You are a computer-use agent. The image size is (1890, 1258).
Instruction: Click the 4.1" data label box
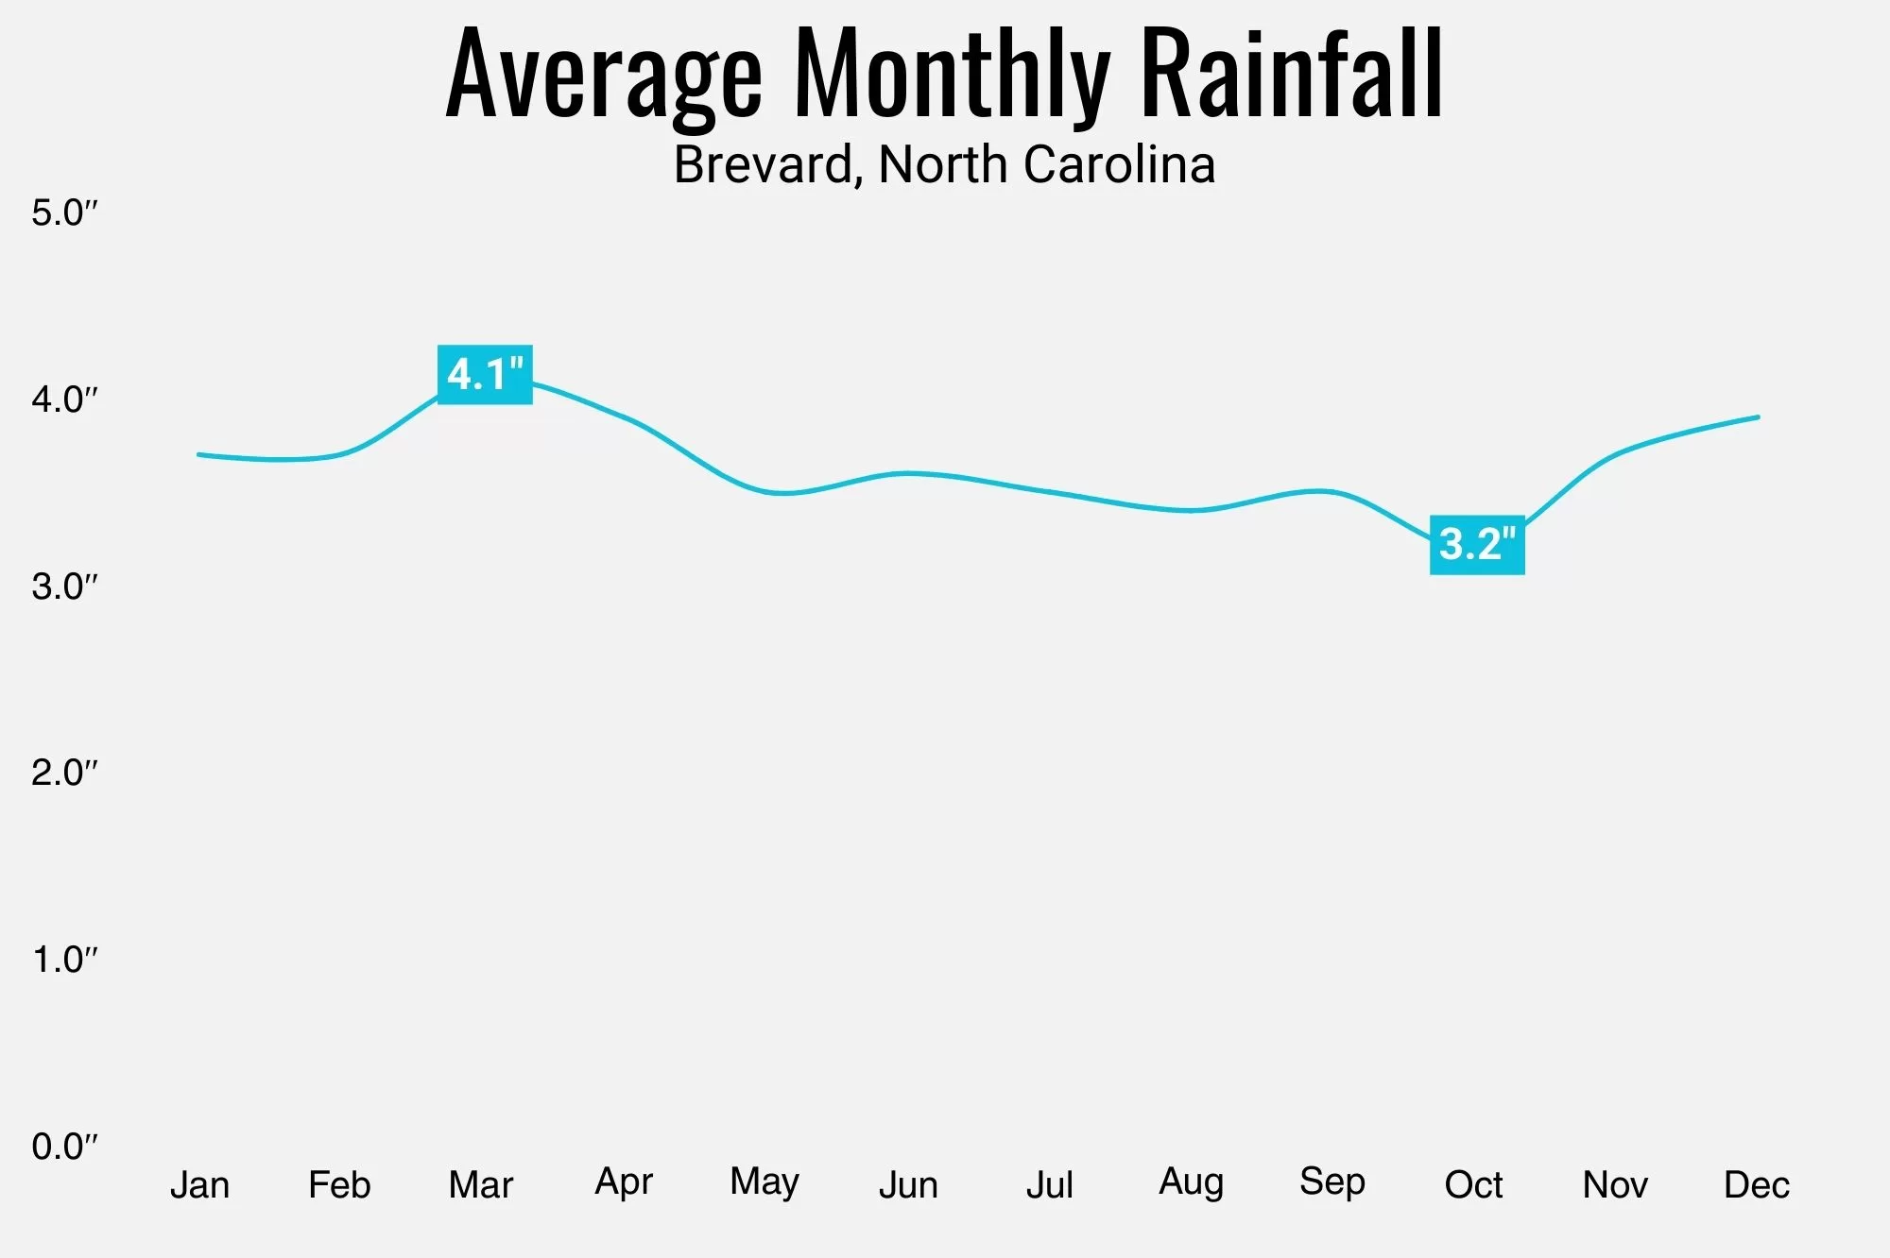[x=485, y=375]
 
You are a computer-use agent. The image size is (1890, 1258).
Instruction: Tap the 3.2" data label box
[x=1477, y=545]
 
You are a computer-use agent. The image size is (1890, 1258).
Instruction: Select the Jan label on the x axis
[x=199, y=1184]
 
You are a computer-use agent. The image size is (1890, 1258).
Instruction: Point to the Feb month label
[x=339, y=1184]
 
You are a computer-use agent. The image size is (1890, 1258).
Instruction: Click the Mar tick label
[x=481, y=1184]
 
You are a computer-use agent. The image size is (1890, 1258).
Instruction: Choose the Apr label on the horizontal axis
[x=624, y=1182]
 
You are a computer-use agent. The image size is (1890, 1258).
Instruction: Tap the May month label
[x=765, y=1182]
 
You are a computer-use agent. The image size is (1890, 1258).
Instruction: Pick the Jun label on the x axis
[x=908, y=1184]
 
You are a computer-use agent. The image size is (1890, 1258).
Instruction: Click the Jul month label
[x=1050, y=1184]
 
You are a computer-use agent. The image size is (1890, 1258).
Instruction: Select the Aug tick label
[x=1191, y=1182]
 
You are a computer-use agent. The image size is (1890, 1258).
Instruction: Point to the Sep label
[x=1332, y=1182]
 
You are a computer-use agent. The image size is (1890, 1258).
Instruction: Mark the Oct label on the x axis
[x=1473, y=1184]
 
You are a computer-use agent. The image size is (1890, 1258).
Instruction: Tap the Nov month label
[x=1615, y=1184]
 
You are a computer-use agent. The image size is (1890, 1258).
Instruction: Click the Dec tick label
[x=1757, y=1184]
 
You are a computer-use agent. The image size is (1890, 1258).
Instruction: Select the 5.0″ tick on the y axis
[x=64, y=212]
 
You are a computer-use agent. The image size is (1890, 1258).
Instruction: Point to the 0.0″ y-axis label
[x=64, y=1147]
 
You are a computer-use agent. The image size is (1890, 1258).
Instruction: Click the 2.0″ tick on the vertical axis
[x=64, y=773]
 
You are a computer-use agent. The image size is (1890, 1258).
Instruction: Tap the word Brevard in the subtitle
[x=763, y=164]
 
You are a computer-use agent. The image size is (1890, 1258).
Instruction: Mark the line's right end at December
[x=1758, y=416]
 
